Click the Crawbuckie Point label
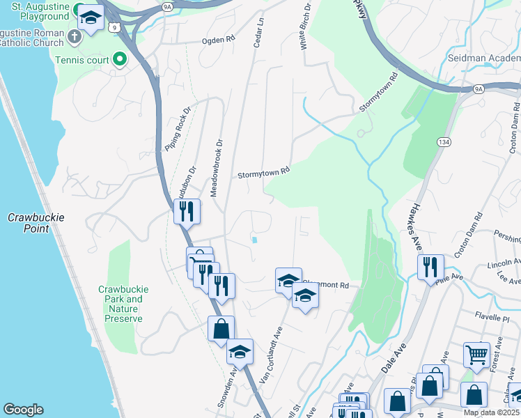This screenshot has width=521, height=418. (x=36, y=223)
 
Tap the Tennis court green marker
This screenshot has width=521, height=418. (x=119, y=60)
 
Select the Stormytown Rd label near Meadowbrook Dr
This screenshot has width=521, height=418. (x=263, y=173)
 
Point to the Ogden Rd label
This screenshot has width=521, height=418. (x=218, y=40)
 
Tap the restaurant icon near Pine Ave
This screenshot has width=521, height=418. (x=430, y=266)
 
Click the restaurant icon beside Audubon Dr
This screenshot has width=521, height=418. (x=187, y=211)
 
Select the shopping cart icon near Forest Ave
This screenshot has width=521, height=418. (x=477, y=354)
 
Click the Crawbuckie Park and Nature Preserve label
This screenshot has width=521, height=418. (x=120, y=304)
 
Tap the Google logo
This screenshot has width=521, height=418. (x=23, y=410)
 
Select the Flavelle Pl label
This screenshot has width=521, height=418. (x=496, y=313)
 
